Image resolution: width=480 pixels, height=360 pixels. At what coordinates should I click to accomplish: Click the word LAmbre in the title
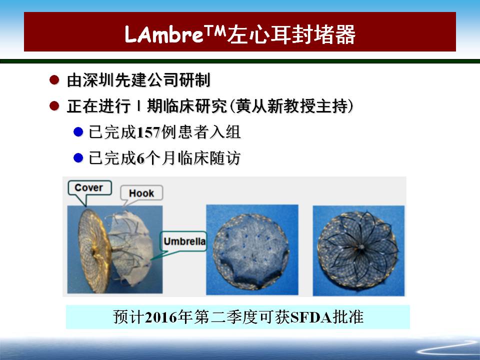click(x=164, y=34)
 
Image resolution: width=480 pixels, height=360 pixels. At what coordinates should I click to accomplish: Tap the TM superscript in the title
click(x=215, y=30)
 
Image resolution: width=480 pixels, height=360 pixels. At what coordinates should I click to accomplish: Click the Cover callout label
click(x=89, y=187)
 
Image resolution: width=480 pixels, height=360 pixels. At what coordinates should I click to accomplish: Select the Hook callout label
click(x=141, y=193)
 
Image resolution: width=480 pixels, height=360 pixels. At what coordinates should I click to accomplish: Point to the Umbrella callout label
click(x=184, y=241)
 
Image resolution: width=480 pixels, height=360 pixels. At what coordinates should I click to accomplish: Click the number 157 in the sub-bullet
click(x=148, y=132)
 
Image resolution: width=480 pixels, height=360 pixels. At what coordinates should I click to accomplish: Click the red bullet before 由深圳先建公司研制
click(x=54, y=80)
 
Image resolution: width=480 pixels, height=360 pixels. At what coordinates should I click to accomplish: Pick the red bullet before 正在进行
click(x=54, y=106)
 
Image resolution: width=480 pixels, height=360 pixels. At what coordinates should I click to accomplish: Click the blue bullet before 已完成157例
click(x=78, y=132)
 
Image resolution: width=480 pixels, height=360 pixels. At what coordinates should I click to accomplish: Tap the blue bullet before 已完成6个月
click(x=78, y=158)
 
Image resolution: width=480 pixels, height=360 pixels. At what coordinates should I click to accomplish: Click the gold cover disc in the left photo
click(x=93, y=250)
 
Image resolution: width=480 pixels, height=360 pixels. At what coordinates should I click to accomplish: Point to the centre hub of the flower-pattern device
click(x=361, y=246)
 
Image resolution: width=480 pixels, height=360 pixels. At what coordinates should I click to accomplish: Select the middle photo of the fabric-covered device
click(x=252, y=250)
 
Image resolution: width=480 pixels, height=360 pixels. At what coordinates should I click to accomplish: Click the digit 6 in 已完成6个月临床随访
click(x=140, y=158)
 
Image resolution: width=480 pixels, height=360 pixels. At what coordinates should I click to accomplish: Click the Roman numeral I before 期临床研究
click(x=139, y=106)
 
